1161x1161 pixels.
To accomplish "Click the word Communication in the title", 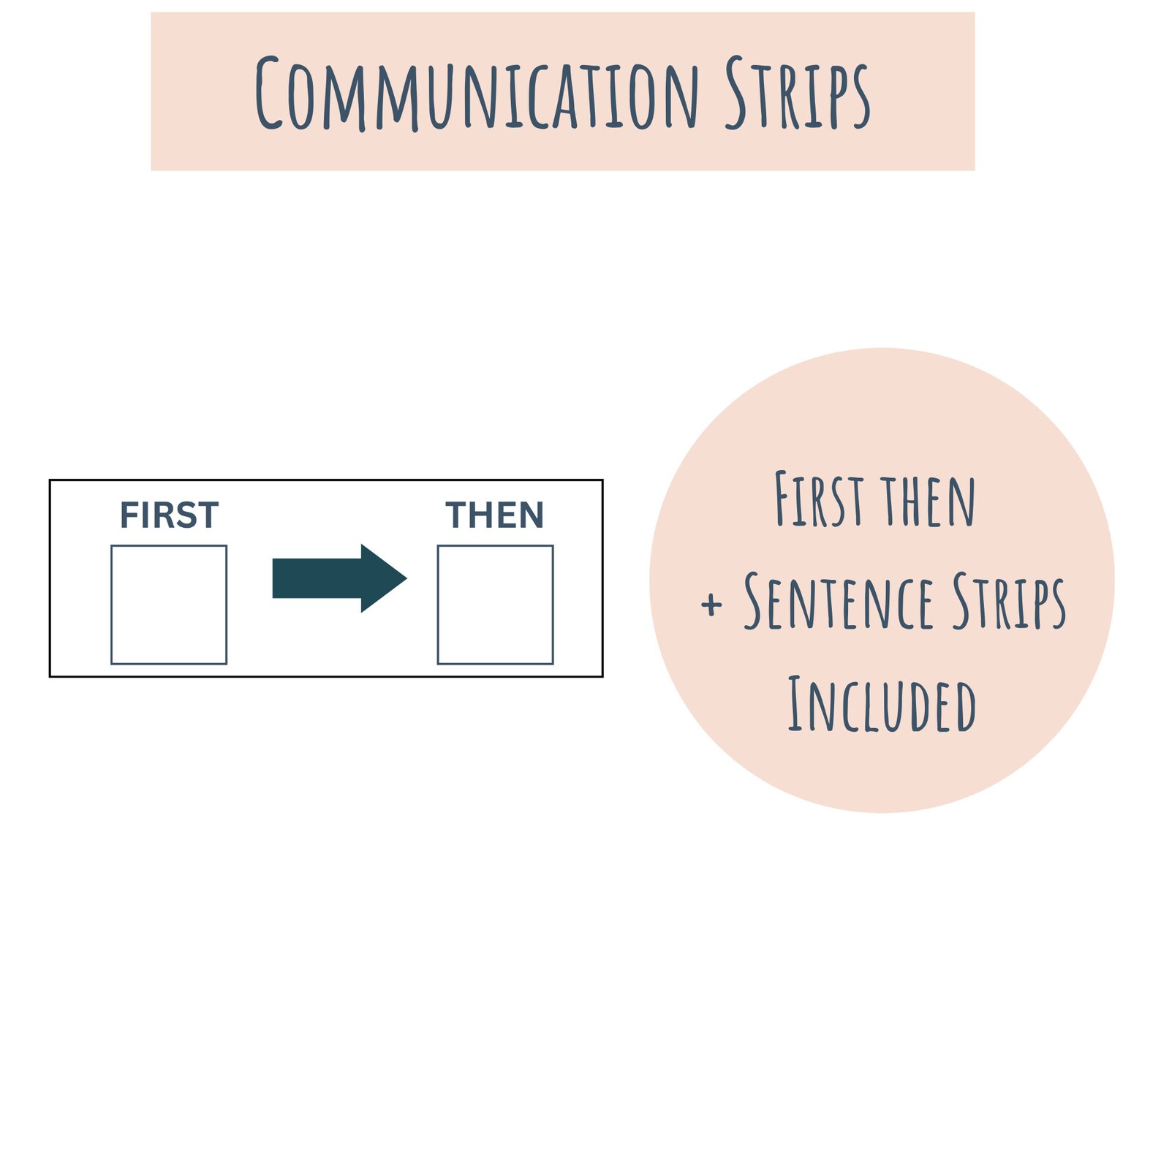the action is point(477,94).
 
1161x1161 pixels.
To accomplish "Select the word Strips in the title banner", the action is point(798,94).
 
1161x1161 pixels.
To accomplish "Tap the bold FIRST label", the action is point(169,515).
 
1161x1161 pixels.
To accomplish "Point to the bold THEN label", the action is point(495,515).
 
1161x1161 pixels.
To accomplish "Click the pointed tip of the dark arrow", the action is point(406,578).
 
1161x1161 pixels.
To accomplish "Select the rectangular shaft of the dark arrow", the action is point(317,578).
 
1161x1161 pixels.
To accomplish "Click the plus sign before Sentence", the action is point(711,605).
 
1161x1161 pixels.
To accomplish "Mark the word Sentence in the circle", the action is point(839,602).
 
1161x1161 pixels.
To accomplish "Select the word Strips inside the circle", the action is point(1010,602).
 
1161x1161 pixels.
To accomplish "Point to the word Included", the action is point(882,704).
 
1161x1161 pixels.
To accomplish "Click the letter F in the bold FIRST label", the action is point(129,515).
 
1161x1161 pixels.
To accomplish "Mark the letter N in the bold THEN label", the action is point(532,515).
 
